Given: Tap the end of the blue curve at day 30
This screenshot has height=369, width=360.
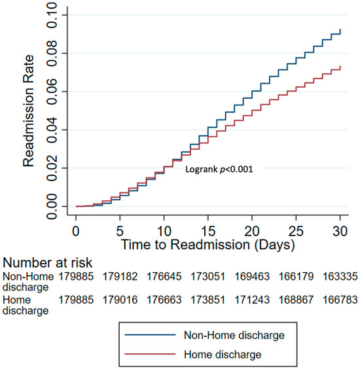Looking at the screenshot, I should coord(340,30).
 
